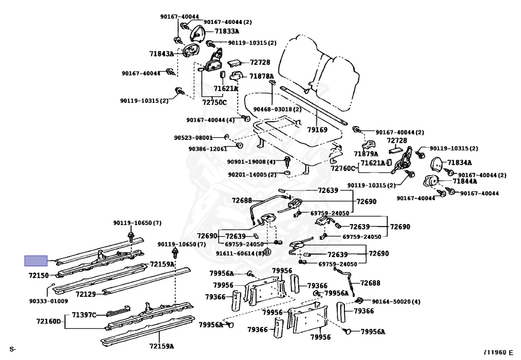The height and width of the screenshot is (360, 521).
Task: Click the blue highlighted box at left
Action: pyautogui.click(x=36, y=261)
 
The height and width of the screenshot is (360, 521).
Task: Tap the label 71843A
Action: pyautogui.click(x=161, y=53)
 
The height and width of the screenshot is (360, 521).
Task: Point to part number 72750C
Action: pyautogui.click(x=214, y=102)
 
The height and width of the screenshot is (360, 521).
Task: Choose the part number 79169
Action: pyautogui.click(x=317, y=130)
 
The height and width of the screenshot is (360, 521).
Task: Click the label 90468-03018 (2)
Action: pyautogui.click(x=277, y=109)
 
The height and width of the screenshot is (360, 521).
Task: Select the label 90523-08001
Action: pyautogui.click(x=193, y=137)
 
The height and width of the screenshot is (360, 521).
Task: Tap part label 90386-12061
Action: pyautogui.click(x=208, y=149)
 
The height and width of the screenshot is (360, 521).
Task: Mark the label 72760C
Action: pyautogui.click(x=343, y=169)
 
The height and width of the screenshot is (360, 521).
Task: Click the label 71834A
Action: pyautogui.click(x=460, y=163)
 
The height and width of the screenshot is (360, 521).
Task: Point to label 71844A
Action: pyautogui.click(x=465, y=181)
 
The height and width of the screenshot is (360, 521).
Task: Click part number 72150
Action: pyautogui.click(x=39, y=275)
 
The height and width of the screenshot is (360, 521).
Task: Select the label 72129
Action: pyautogui.click(x=86, y=294)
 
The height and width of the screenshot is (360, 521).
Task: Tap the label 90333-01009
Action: pyautogui.click(x=48, y=301)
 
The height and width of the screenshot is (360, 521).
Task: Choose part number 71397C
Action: pyautogui.click(x=84, y=315)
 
